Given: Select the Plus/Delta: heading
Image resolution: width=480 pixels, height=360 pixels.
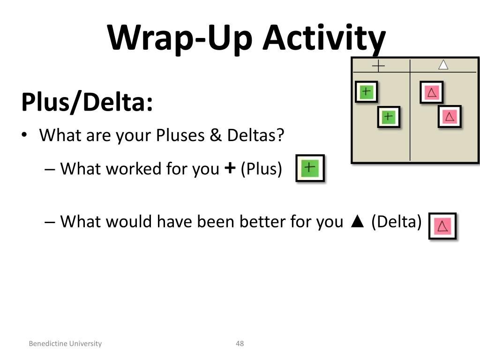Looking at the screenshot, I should click(87, 102).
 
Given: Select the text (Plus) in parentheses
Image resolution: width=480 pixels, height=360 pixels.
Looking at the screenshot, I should click(262, 169).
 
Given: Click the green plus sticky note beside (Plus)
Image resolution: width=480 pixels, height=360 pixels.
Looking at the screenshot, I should click(310, 168).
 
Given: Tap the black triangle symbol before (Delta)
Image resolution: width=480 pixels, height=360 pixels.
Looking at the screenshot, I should click(357, 222).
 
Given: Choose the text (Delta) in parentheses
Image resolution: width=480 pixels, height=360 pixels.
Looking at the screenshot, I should click(397, 221).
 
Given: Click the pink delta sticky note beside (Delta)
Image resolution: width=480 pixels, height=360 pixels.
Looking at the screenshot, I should click(442, 226).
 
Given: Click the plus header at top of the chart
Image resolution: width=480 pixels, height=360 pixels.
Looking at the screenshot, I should click(378, 66).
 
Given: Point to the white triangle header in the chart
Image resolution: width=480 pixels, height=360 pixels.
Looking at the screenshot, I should click(443, 65).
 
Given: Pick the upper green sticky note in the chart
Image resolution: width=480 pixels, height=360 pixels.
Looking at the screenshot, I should click(367, 91).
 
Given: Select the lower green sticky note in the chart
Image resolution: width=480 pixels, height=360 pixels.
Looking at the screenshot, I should click(389, 116).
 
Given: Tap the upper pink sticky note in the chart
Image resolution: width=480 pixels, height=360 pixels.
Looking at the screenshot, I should click(432, 92).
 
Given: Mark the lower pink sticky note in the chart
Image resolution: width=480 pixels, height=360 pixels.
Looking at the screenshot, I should click(450, 117).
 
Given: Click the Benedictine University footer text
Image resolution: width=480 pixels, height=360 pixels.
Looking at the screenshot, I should click(65, 344).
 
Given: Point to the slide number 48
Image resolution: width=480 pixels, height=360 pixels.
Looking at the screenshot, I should click(240, 344).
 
